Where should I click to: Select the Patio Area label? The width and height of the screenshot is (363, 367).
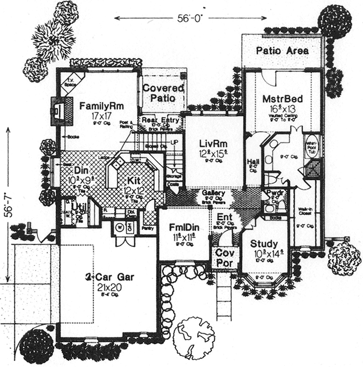(282, 51)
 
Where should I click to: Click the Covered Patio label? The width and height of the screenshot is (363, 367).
(163, 93)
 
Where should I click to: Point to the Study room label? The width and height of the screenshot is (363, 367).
(264, 244)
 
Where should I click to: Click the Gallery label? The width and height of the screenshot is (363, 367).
(213, 193)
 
